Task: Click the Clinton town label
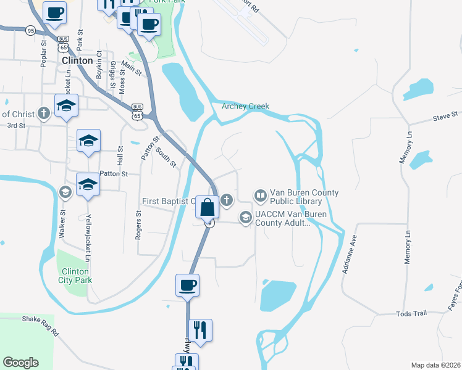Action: [77, 61]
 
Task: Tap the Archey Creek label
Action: [246, 106]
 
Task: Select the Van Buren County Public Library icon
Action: [260, 196]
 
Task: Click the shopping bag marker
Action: [208, 207]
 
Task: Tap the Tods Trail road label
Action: [411, 313]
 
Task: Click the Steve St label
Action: [445, 115]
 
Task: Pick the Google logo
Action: [20, 363]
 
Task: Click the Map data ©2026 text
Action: [435, 364]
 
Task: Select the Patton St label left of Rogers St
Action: [113, 174]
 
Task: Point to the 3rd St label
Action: [15, 125]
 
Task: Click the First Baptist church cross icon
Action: [227, 199]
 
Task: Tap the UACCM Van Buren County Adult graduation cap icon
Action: [246, 217]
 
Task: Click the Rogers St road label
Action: [138, 225]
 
